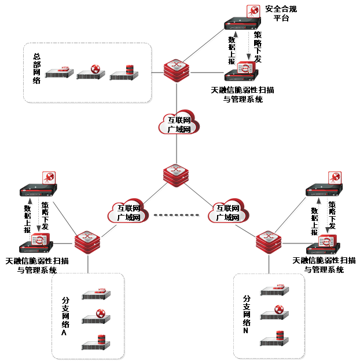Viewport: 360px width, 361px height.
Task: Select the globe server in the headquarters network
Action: (x=91, y=72)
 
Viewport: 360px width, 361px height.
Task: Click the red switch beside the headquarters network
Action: (x=177, y=70)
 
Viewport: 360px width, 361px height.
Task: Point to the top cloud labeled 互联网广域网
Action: (x=179, y=123)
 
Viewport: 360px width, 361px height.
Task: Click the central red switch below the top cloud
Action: (x=176, y=175)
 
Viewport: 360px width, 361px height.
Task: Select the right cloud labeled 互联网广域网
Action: (x=227, y=212)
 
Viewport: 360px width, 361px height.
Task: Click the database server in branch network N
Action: (x=275, y=338)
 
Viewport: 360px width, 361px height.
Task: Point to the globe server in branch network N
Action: (x=275, y=313)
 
